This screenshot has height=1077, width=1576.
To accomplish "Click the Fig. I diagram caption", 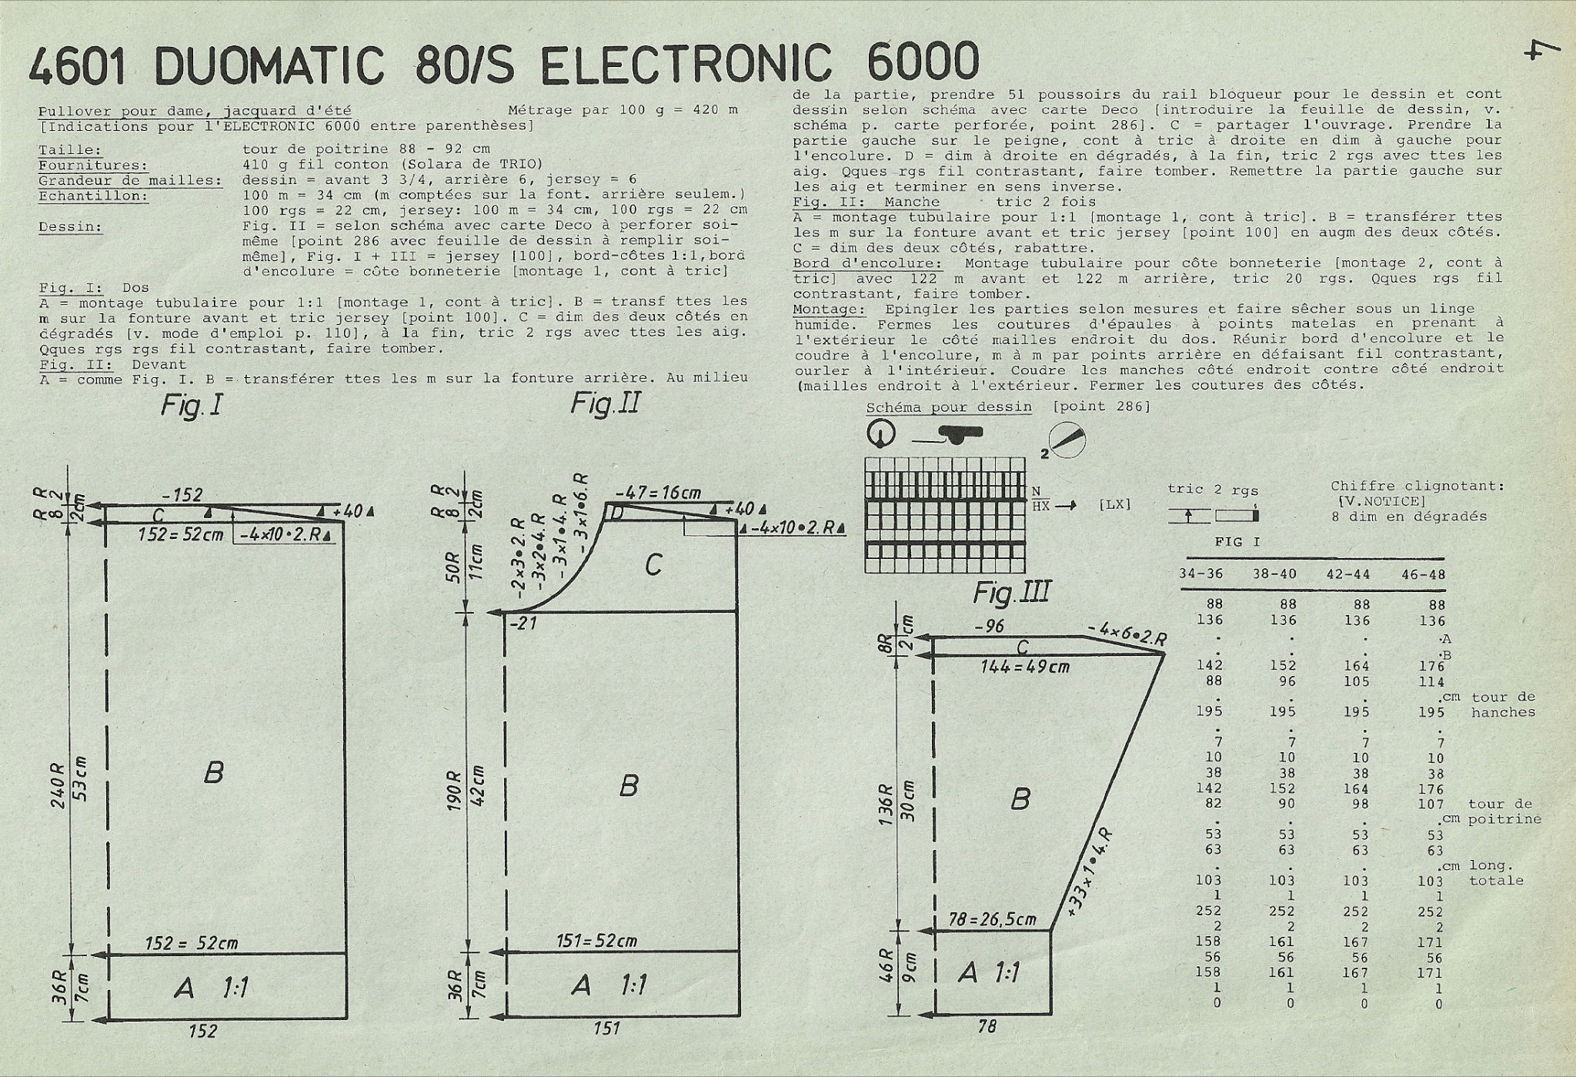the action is coord(192,405).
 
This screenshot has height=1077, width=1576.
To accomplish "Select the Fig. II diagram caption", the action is coord(605,404).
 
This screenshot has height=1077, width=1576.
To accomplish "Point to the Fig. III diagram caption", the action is coord(1012,593).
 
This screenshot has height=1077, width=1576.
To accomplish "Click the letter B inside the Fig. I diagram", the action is coord(214,772).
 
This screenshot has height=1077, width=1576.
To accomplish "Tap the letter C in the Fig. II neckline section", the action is coord(653,566).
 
